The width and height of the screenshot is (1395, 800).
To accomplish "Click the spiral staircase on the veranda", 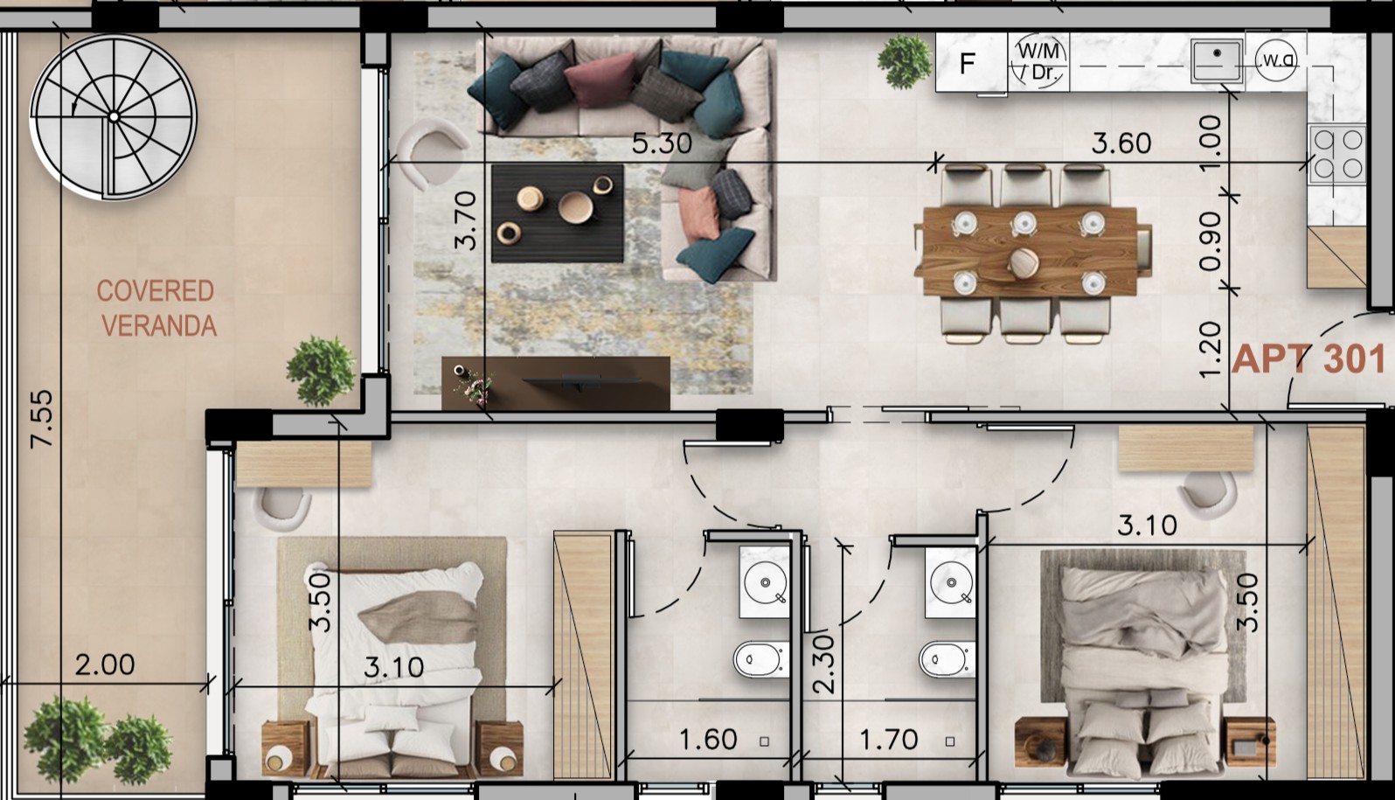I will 114,117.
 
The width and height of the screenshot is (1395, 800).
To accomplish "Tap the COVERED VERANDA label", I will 156,308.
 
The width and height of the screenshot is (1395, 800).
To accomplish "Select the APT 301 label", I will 1308,359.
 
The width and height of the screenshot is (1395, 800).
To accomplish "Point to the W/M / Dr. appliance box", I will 1038,62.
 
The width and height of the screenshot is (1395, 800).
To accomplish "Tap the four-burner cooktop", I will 1336,154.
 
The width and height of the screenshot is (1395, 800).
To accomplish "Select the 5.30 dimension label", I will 661,143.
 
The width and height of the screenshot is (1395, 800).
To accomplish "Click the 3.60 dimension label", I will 1121,143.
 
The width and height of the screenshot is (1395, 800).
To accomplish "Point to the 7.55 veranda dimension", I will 41,419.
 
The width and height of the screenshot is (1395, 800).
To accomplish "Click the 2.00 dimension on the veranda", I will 105,665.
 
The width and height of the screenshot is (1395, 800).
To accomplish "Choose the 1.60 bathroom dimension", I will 708,741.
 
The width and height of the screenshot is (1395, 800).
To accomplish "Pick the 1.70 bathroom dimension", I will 888,741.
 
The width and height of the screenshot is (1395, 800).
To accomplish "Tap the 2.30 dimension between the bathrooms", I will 823,664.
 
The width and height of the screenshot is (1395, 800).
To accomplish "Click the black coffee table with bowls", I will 558,213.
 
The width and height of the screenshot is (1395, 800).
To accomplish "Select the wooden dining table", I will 1032,251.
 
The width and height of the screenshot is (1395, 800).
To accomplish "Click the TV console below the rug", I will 556,383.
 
